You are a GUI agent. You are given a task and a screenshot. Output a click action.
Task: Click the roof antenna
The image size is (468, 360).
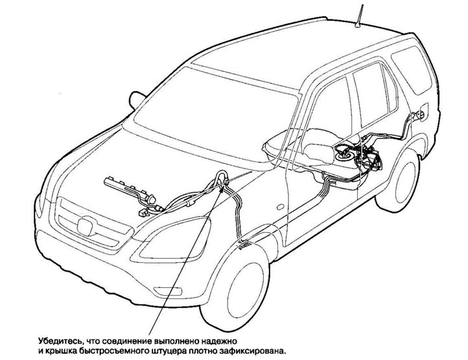360,16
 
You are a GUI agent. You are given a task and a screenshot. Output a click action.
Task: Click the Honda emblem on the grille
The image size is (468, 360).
84,226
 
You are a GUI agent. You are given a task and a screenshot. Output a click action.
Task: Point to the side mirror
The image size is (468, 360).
136,99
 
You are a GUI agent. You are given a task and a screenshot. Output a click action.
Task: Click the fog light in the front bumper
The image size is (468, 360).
168,291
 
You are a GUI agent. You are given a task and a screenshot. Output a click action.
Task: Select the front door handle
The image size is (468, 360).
280,207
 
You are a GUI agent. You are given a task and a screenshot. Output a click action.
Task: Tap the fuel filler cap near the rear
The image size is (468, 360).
419,114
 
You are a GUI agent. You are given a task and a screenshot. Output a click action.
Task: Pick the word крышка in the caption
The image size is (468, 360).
60,351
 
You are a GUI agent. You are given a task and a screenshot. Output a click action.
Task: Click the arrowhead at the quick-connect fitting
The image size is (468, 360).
221,189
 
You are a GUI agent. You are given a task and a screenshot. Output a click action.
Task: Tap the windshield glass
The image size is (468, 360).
215,117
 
